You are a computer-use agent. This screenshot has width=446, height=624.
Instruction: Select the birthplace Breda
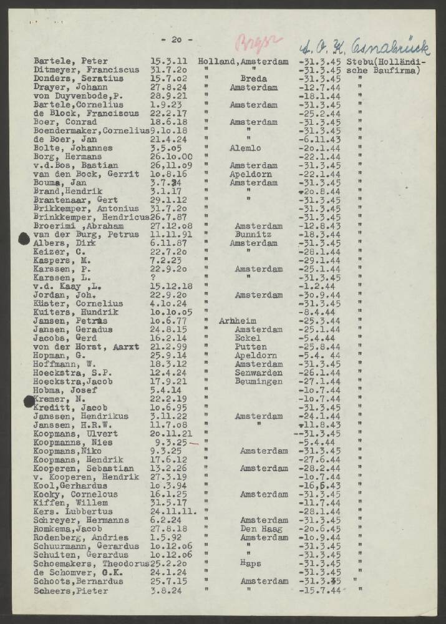(x=254, y=79)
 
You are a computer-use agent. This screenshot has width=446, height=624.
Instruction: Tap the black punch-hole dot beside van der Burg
(x=24, y=236)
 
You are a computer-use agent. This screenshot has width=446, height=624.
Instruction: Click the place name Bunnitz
(x=252, y=234)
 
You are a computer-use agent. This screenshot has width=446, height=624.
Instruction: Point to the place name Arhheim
(x=238, y=321)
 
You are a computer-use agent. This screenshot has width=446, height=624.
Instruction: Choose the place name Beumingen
(x=257, y=381)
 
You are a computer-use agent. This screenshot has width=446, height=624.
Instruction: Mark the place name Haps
(x=250, y=563)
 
